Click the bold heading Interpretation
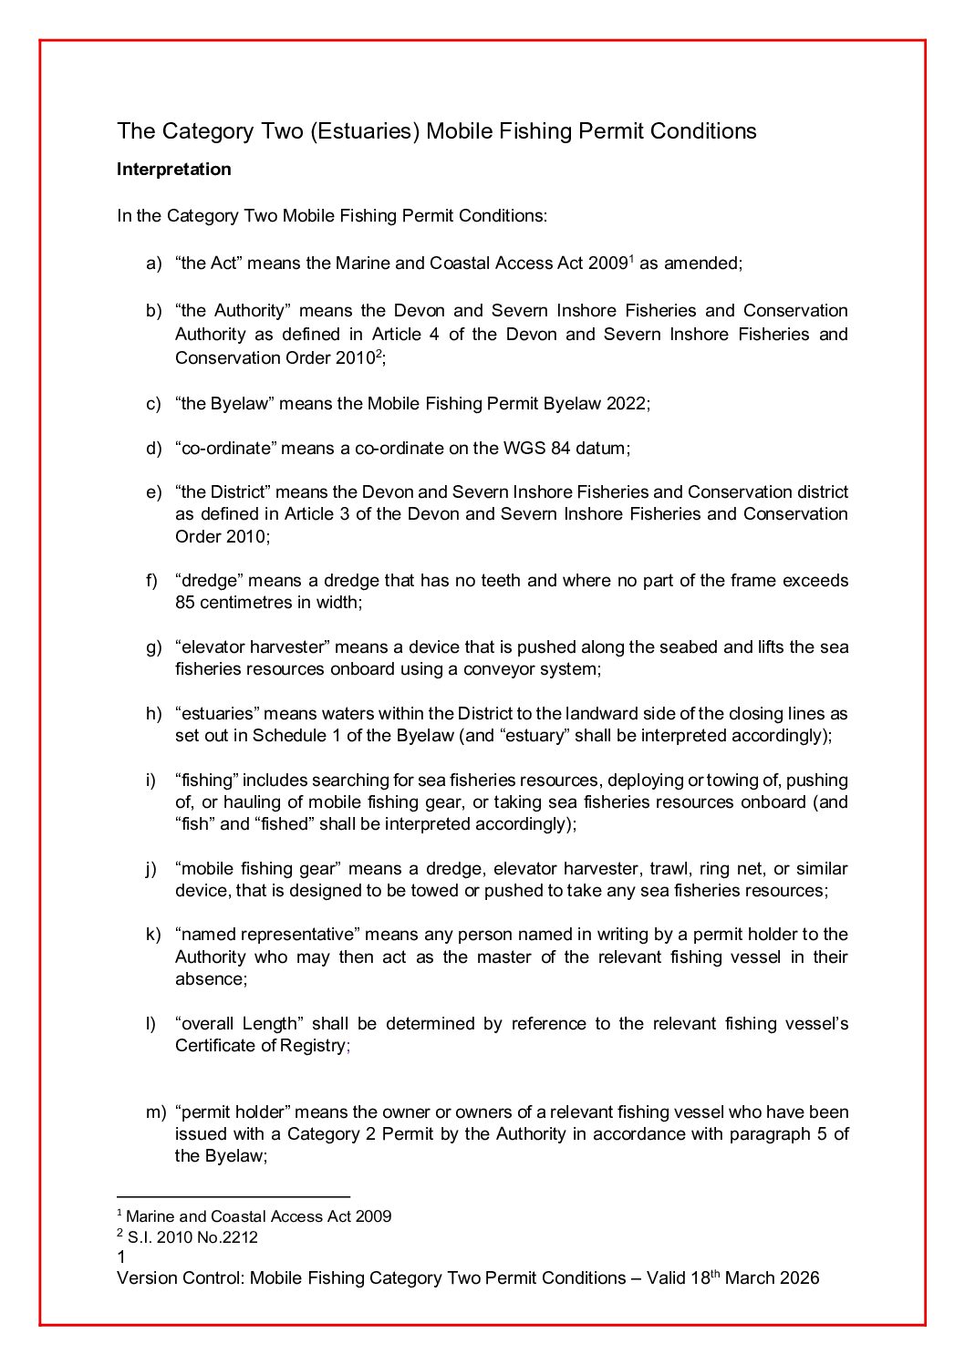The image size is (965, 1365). [173, 170]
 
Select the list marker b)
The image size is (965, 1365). [153, 311]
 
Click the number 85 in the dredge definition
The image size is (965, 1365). [185, 603]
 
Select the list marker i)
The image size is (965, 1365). [150, 781]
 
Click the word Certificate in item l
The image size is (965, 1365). [213, 1046]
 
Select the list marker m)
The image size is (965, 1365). [156, 1112]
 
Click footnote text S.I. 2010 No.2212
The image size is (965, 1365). [192, 1237]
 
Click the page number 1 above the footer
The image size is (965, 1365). [121, 1257]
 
